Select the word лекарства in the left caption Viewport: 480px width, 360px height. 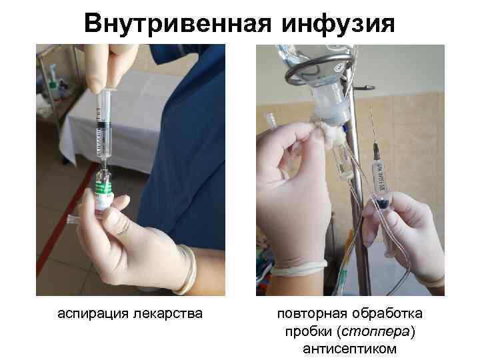(169, 311)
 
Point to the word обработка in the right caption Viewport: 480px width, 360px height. (392, 313)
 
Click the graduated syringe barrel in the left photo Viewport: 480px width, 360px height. (102, 124)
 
